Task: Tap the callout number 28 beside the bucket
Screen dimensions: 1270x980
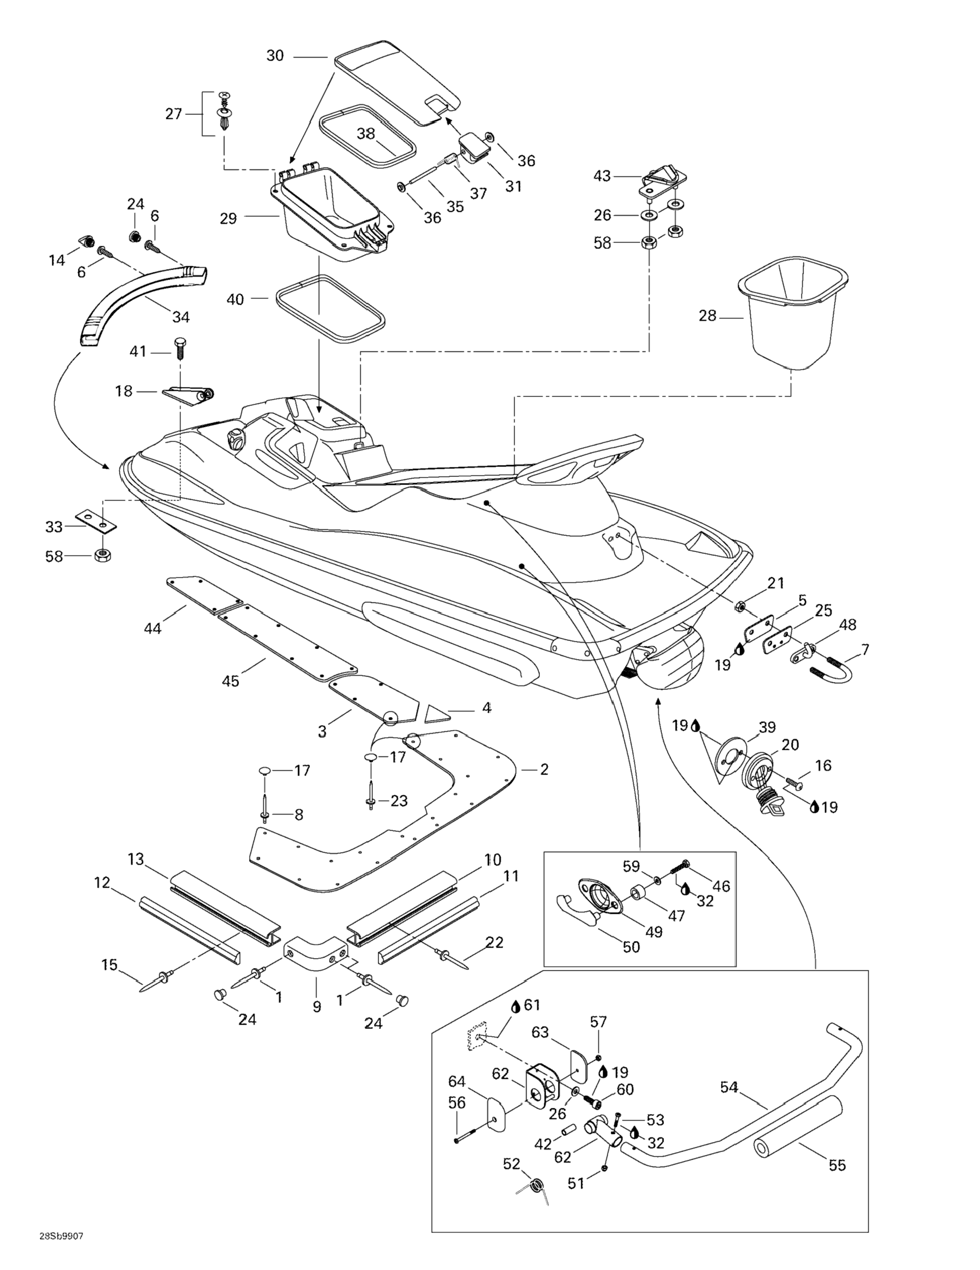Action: point(707,316)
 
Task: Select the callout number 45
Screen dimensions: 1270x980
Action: point(231,680)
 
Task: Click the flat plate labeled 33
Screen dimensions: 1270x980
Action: point(96,521)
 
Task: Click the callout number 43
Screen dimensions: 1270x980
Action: point(602,175)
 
